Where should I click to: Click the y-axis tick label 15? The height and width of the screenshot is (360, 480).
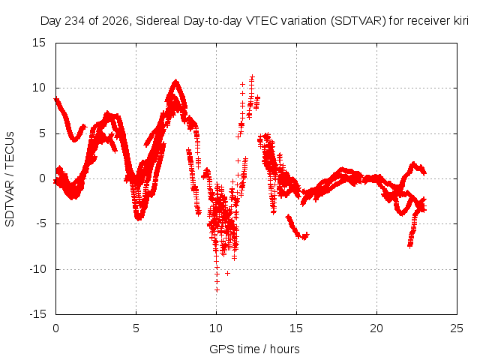[x=39, y=43]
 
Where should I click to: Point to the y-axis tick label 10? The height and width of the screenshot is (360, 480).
[x=39, y=88]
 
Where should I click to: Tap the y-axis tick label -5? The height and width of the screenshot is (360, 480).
[x=40, y=223]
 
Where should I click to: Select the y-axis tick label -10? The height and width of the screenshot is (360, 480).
[x=37, y=269]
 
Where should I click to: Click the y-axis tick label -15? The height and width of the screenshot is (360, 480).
[x=37, y=314]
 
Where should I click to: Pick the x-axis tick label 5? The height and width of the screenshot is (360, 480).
[x=136, y=328]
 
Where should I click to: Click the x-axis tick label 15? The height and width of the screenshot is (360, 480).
[x=296, y=328]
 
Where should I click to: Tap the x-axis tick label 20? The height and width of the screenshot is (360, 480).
[x=376, y=328]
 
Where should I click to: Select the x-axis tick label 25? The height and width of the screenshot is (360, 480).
[x=457, y=328]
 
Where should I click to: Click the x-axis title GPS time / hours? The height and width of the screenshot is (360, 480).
[x=254, y=349]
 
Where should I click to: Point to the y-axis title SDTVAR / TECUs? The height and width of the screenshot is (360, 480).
[x=10, y=179]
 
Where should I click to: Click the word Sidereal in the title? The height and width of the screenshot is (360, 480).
[x=157, y=21]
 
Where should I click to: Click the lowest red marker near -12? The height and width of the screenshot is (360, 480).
[x=217, y=289]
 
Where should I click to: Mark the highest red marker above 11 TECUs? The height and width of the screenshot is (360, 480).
[x=252, y=76]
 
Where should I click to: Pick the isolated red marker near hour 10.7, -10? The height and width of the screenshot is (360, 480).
[x=227, y=273]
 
